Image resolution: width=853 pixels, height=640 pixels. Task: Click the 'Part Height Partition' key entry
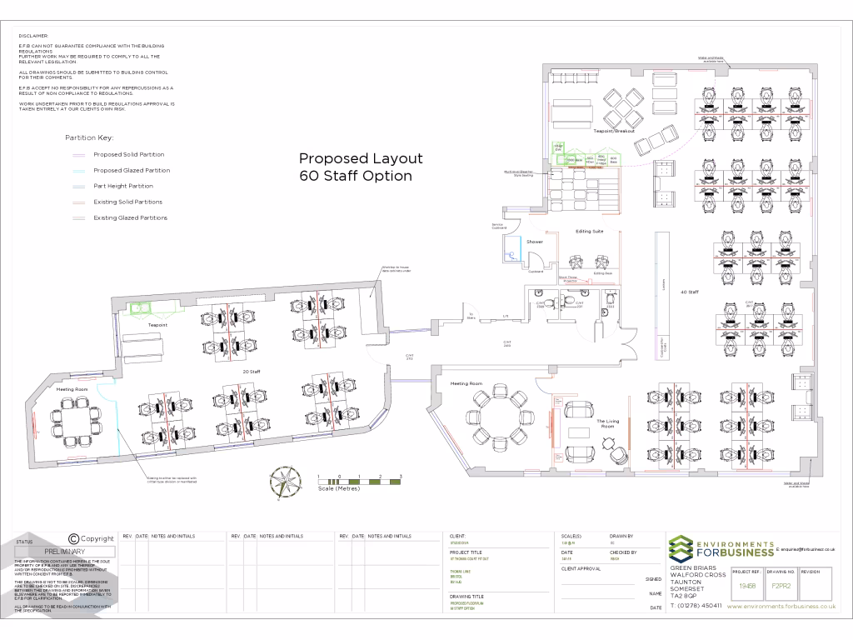coord(123,186)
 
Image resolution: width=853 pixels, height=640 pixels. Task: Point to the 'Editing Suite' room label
coord(589,231)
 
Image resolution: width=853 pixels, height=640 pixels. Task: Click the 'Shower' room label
coord(534,242)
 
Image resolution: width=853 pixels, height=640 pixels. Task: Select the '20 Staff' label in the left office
coord(251,371)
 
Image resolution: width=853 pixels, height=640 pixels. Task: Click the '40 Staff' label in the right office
coord(689,292)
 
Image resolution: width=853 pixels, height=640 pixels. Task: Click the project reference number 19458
coord(747,586)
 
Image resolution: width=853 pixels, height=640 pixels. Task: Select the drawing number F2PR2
coord(781,586)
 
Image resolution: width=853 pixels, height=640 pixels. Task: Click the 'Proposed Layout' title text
coord(361,158)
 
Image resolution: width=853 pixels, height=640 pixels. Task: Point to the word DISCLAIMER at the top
coord(33,36)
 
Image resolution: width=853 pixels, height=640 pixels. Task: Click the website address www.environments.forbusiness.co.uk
coord(781,607)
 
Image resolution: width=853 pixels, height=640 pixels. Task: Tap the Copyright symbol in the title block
coord(73,539)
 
